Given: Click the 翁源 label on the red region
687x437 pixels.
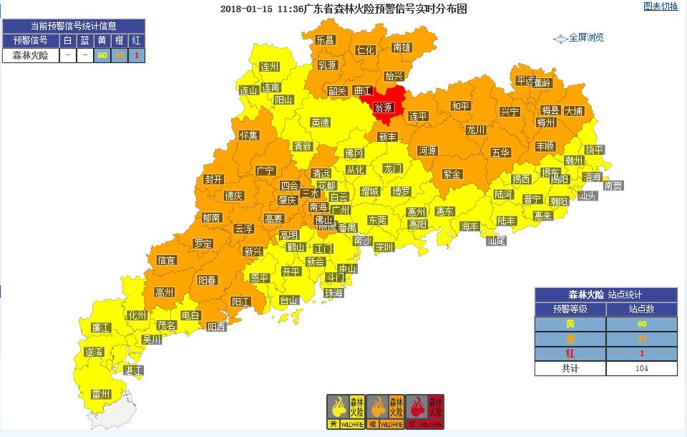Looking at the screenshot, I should point(384,107).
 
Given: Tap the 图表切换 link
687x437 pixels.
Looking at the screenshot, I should point(661,6).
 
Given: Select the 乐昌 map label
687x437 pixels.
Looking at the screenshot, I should point(326,40).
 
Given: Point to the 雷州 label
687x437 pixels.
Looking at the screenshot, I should point(101,394).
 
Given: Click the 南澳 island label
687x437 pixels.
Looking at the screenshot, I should point(613,185).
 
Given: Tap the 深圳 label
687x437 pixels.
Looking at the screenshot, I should point(384,247).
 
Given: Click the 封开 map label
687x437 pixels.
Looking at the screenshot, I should point(213,179).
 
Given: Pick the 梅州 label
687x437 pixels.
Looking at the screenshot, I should point(546,122).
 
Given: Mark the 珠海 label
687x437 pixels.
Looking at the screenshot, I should point(333,293).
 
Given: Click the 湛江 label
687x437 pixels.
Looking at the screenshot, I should point(133,370).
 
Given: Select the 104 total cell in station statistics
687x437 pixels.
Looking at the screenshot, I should point(641,368).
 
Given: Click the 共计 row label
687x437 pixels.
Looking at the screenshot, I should point(570,368).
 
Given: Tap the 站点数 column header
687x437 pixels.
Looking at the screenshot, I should point(641,309).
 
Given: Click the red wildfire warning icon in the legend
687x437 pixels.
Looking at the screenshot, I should point(425,412).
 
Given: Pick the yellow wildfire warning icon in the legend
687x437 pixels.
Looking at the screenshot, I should point(345,412).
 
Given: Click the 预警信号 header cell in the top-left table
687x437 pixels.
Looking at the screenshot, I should point(30,39).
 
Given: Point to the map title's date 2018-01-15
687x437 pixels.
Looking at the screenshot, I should point(243,9).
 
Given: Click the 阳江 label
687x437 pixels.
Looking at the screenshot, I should point(240,302).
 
